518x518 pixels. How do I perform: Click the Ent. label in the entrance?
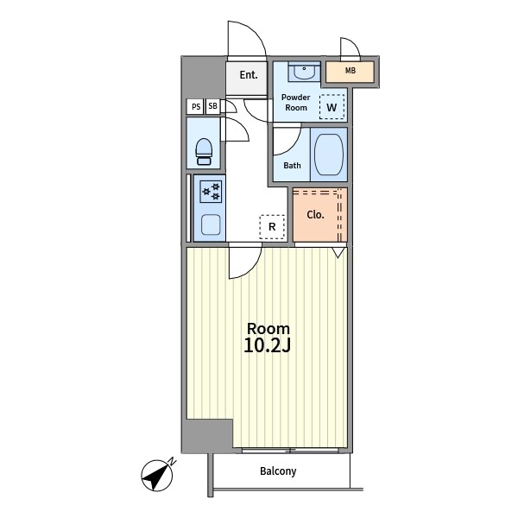tap(249, 75)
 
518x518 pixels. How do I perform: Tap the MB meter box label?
tap(351, 71)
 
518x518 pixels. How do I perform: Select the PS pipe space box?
tap(195, 106)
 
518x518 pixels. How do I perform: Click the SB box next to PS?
tap(213, 106)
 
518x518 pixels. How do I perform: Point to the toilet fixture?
tap(204, 152)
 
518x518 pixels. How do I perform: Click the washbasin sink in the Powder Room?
tap(304, 72)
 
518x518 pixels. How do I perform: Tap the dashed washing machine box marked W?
tap(332, 107)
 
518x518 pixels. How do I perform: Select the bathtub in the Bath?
tap(329, 155)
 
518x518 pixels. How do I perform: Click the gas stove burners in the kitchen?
tap(211, 192)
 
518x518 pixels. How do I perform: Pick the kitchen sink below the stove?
tap(211, 224)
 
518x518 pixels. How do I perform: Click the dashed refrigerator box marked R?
tap(272, 226)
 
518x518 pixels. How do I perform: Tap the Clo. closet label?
tap(315, 215)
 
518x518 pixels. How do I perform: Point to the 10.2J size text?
tap(268, 345)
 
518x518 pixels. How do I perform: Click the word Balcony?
tap(278, 471)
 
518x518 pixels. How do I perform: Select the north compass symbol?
tap(157, 475)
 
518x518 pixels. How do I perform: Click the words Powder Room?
tap(295, 103)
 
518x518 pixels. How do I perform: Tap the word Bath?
tap(292, 165)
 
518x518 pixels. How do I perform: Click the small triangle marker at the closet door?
tap(338, 252)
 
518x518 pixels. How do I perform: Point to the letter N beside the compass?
tap(172, 461)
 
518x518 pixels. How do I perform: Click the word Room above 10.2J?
tap(268, 329)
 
